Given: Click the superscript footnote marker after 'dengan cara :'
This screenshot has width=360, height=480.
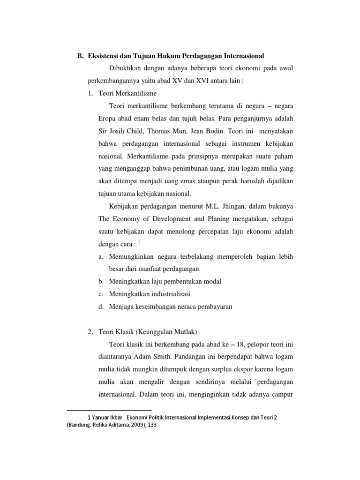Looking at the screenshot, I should click(139, 241).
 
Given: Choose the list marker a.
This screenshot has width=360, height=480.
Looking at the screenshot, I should click(101, 256).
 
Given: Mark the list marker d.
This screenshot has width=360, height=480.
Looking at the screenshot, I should click(101, 307).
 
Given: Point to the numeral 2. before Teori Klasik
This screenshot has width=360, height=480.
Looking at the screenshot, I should click(90, 332).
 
